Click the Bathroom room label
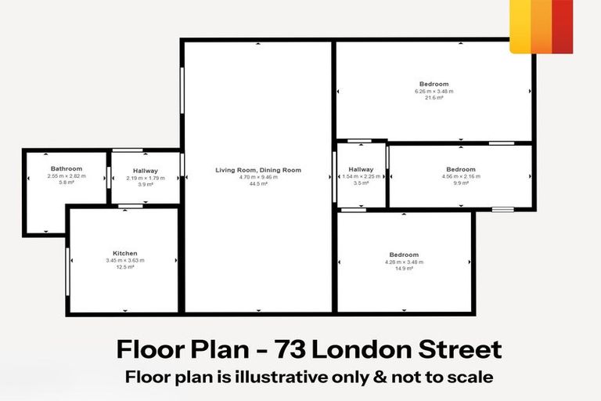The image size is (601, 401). pyautogui.click(x=67, y=168)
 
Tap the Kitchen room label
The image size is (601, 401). pyautogui.click(x=125, y=253)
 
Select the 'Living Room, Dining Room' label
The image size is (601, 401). pyautogui.click(x=258, y=170)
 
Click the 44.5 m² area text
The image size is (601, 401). pyautogui.click(x=258, y=185)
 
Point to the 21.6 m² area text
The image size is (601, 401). pyautogui.click(x=434, y=98)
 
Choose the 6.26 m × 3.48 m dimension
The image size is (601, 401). pyautogui.click(x=434, y=91)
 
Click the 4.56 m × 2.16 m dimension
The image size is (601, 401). pyautogui.click(x=461, y=177)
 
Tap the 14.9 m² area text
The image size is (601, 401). pyautogui.click(x=404, y=269)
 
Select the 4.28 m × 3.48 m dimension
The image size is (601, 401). pyautogui.click(x=404, y=262)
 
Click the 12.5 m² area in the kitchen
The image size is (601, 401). pyautogui.click(x=125, y=267)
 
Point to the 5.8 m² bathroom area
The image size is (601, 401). pyautogui.click(x=67, y=183)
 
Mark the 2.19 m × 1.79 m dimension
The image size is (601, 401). pyautogui.click(x=146, y=178)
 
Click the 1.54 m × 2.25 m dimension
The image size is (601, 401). pyautogui.click(x=362, y=176)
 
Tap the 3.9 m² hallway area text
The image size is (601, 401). pyautogui.click(x=146, y=185)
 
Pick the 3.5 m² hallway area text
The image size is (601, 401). pyautogui.click(x=362, y=183)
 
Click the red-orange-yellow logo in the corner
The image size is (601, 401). pyautogui.click(x=541, y=27)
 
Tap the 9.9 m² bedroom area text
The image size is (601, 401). pyautogui.click(x=461, y=184)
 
